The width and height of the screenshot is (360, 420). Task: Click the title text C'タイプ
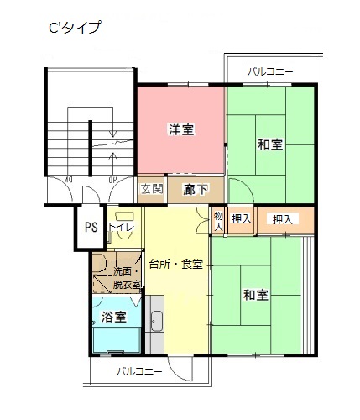point(75,28)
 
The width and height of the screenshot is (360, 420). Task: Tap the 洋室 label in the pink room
point(181,129)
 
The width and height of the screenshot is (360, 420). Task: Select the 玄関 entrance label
point(151,189)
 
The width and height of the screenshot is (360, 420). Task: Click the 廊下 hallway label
point(196,190)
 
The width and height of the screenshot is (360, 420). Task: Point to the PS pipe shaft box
point(91,228)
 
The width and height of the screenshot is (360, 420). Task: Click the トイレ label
point(122,227)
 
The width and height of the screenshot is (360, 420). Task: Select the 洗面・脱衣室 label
point(127,278)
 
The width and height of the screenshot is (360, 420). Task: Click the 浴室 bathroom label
point(113,317)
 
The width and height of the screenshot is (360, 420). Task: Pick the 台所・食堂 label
point(176,264)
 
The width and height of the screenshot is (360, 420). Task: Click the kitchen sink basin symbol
point(156,321)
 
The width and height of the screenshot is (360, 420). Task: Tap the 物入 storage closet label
point(218,221)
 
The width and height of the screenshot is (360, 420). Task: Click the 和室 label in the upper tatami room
point(270,144)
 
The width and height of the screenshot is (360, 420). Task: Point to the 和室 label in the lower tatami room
point(256,295)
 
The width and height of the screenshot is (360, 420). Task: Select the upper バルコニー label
point(270,72)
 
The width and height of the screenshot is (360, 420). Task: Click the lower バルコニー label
point(139,372)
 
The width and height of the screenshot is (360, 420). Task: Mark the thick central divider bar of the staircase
point(91,148)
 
